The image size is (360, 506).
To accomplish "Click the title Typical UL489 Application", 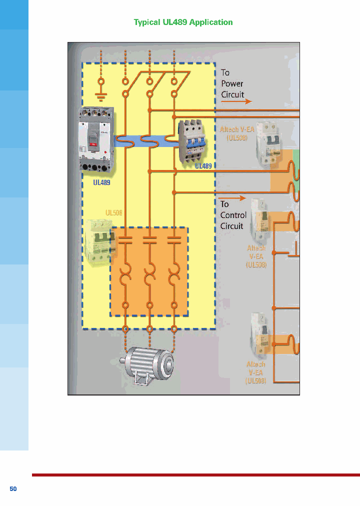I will pos(183,22).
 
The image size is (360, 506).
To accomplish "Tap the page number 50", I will pos(13,488).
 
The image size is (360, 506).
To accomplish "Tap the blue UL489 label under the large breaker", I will pos(101,183).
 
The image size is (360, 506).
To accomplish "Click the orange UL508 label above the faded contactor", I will pos(113,213).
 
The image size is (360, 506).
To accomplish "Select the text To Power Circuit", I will pos(232,83).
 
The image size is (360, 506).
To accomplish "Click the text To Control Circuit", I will pos(233,215).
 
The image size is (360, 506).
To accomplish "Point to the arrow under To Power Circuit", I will pos(236,101).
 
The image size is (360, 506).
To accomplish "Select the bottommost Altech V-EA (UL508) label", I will pos(255,372).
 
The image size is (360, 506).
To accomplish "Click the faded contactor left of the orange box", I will pos(99,240).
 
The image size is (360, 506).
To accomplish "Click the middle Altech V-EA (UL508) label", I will pos(256,256).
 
